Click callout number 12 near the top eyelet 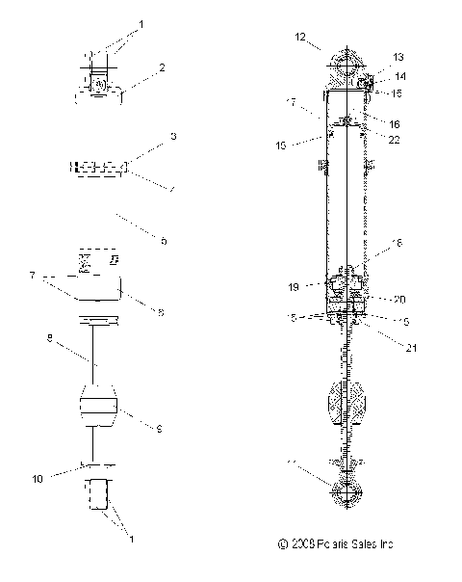pyautogui.click(x=301, y=38)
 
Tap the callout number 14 pyautogui.click(x=398, y=75)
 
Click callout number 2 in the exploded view pyautogui.click(x=162, y=67)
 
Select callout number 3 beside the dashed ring pyautogui.click(x=173, y=138)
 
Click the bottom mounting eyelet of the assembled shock pyautogui.click(x=346, y=491)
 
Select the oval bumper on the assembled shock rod pyautogui.click(x=346, y=399)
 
